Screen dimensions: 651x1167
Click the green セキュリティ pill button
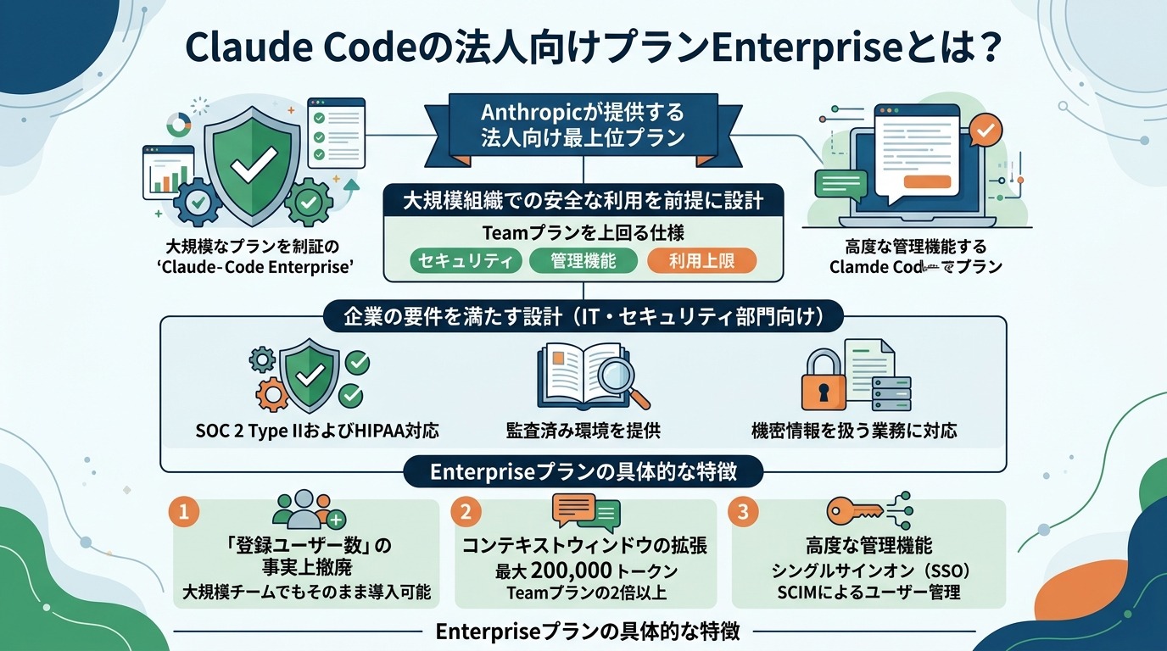pos(466,261)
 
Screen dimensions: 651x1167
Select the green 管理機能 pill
pos(583,261)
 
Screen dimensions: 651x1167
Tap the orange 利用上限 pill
pos(701,261)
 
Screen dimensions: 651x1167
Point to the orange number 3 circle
pos(743,511)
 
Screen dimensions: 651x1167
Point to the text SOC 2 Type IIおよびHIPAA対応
pos(317,431)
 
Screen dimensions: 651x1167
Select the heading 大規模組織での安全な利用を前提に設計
pos(583,202)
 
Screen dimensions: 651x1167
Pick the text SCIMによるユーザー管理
pos(868,593)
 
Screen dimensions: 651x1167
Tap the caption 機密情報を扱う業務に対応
pos(854,431)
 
